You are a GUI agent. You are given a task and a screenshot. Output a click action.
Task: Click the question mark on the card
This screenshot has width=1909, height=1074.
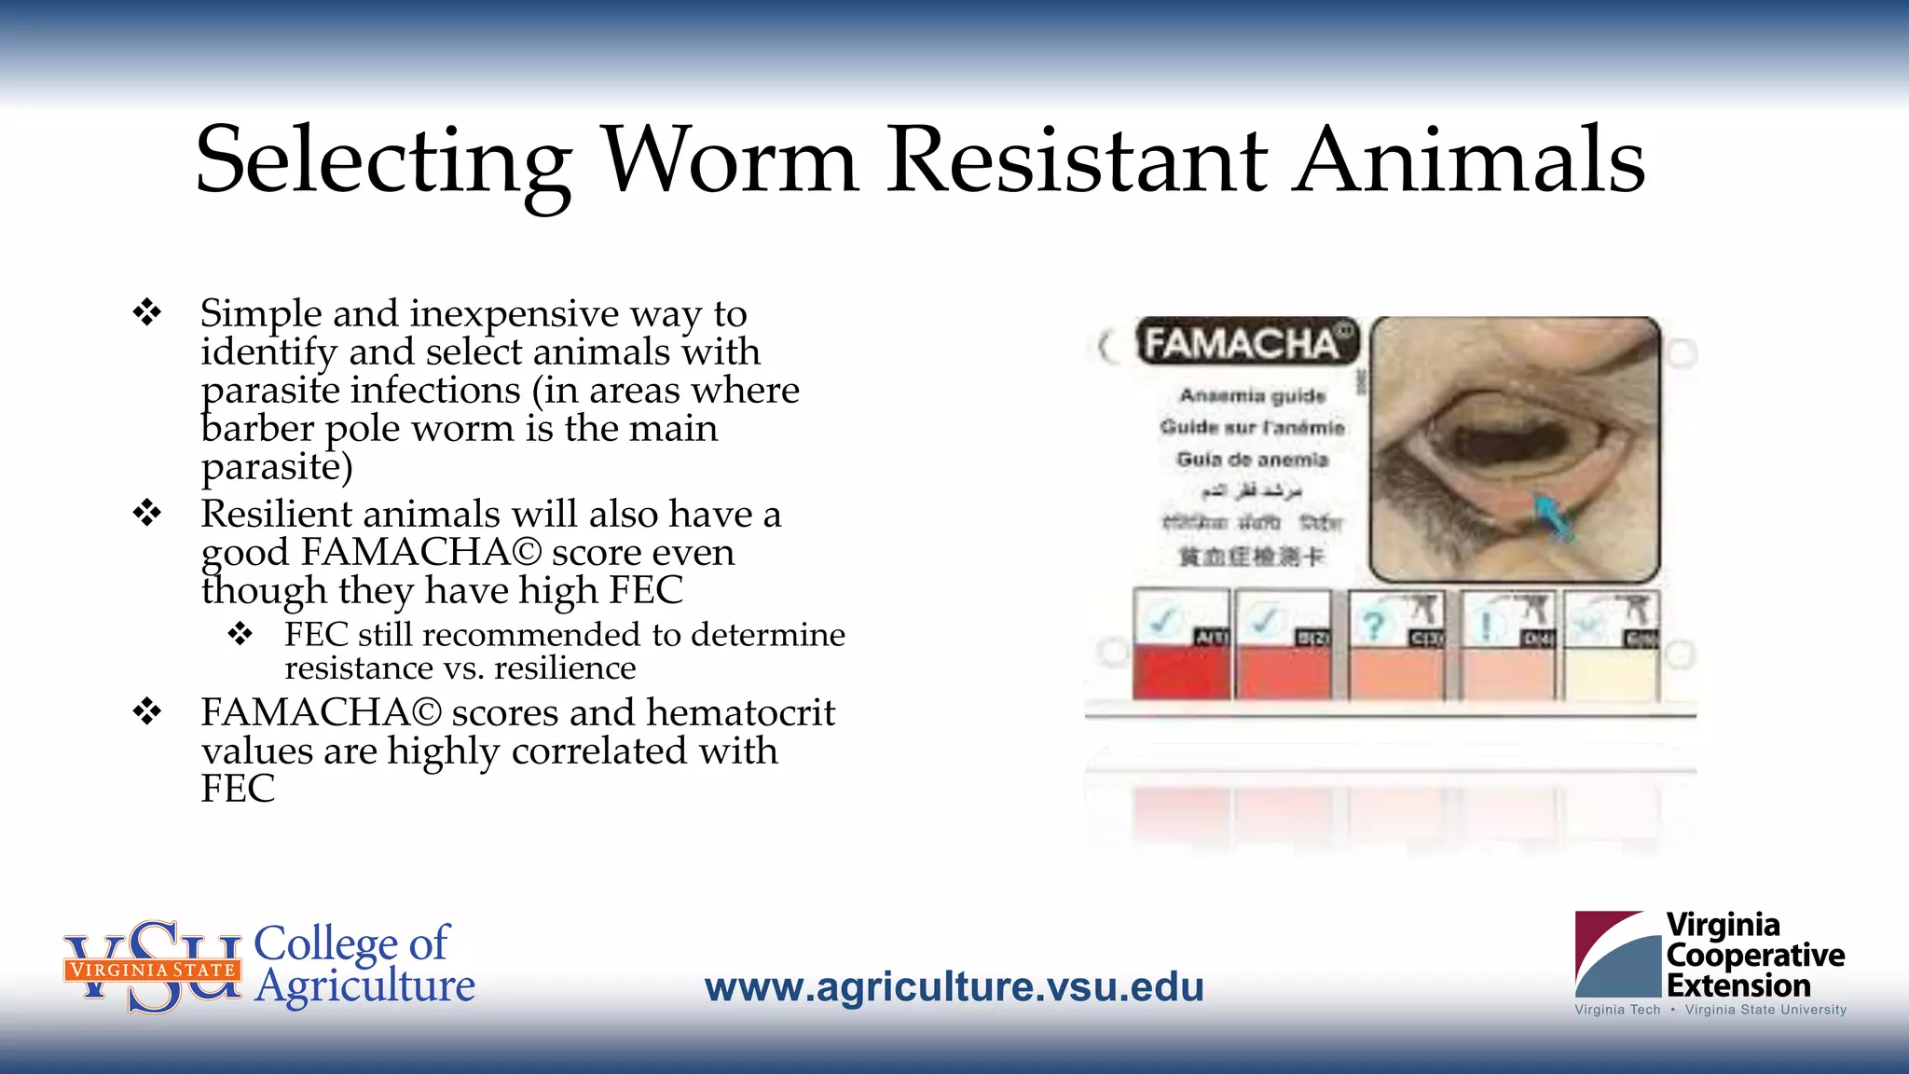coord(1373,625)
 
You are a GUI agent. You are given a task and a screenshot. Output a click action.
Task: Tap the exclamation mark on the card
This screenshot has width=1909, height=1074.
coord(1486,625)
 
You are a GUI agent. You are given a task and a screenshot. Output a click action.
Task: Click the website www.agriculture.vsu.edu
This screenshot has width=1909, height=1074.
coord(954,986)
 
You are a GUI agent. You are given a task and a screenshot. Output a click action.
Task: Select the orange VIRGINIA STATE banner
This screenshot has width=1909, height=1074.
coord(153,970)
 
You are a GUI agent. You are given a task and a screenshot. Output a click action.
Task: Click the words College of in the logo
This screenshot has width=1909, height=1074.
coord(351,943)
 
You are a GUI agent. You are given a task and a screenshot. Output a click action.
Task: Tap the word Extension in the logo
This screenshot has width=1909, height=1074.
coord(1738,985)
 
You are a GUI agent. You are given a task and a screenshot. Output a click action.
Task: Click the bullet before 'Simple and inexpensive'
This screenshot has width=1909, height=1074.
coord(147,312)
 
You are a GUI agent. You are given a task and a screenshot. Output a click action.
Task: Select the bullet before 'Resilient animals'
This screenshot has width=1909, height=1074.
coord(147,513)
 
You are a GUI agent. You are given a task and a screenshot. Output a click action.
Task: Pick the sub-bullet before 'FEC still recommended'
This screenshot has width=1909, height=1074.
coord(240,634)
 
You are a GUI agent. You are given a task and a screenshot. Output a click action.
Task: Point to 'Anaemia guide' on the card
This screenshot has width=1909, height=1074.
coord(1252,395)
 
